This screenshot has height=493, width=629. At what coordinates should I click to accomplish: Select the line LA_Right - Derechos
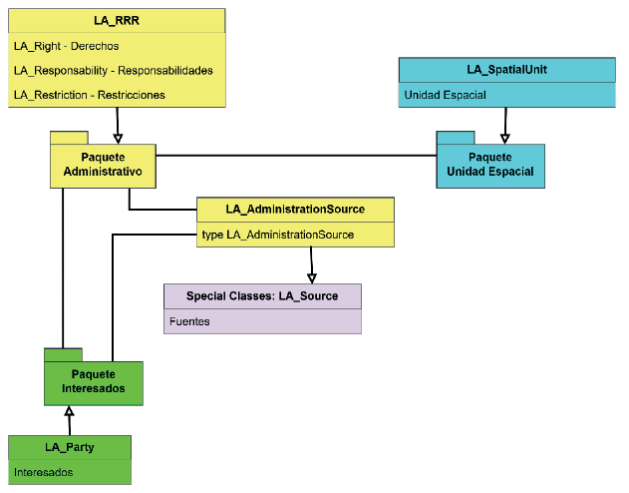(x=66, y=46)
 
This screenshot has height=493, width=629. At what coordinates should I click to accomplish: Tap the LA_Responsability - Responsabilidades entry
(x=113, y=71)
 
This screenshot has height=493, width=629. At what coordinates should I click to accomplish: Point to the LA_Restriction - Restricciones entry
(x=89, y=95)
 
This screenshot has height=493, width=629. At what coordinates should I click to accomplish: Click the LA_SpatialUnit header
(x=506, y=70)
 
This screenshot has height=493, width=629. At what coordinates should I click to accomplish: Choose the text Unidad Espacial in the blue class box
(x=445, y=96)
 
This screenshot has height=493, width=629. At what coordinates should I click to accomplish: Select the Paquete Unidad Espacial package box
(x=490, y=165)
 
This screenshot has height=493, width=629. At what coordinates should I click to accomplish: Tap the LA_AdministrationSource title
(x=295, y=209)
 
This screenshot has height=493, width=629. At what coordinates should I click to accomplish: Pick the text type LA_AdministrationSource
(x=277, y=235)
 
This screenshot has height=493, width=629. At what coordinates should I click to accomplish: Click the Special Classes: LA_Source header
(x=262, y=295)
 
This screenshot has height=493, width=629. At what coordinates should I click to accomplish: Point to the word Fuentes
(x=189, y=321)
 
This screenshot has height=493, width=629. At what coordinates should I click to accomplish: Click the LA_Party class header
(x=69, y=446)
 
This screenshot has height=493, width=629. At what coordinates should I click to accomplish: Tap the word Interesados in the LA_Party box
(x=44, y=472)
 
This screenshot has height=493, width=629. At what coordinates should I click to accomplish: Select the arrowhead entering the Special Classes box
(x=312, y=276)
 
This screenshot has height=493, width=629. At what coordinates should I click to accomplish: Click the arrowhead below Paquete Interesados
(x=69, y=411)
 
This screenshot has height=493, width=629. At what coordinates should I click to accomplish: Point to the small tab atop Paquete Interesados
(x=63, y=353)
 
